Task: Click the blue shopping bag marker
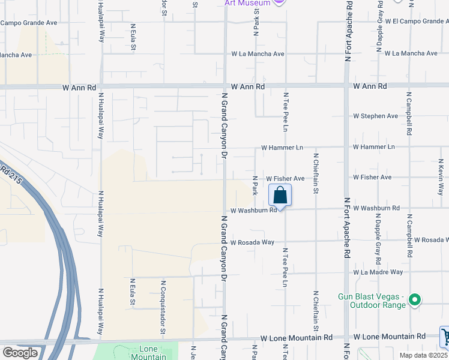click(x=280, y=195)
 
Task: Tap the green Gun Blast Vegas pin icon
click(x=414, y=299)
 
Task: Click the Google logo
click(x=20, y=352)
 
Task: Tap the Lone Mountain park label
click(x=148, y=353)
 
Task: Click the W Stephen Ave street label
click(x=375, y=116)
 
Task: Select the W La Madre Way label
click(x=378, y=272)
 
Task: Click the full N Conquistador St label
click(x=163, y=307)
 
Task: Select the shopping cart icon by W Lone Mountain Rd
click(x=445, y=337)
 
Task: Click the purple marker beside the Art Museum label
click(x=279, y=3)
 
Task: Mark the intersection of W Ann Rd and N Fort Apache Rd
click(x=346, y=86)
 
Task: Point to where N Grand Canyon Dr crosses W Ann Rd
click(x=225, y=86)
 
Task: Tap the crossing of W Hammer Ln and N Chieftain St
click(x=315, y=146)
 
